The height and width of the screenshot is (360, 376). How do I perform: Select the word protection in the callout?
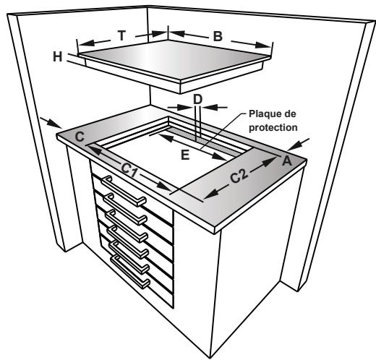[x=273, y=127]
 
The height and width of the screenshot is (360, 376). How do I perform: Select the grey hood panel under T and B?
[x=166, y=58]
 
